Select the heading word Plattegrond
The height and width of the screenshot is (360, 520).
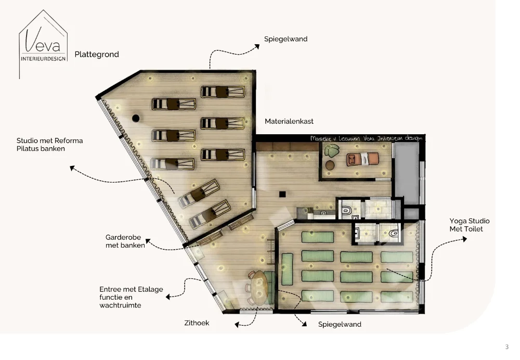(97, 54)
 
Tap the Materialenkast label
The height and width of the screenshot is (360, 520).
(289, 121)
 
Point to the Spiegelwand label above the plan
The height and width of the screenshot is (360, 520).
(285, 39)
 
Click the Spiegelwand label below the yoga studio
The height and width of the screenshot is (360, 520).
(340, 324)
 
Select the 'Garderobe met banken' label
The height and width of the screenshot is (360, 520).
(125, 241)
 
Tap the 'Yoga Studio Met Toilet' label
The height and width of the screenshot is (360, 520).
(470, 225)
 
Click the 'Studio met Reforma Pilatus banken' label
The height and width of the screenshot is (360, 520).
(49, 145)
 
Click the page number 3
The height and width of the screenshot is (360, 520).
(507, 347)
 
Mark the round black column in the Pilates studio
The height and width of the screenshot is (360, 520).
(136, 118)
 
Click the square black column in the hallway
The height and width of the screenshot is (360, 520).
(282, 194)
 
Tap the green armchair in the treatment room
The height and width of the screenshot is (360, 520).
(331, 151)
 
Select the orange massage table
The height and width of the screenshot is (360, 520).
(365, 158)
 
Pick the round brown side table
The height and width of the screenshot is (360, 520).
(330, 165)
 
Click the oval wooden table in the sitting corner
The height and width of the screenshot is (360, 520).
(259, 287)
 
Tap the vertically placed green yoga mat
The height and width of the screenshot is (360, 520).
(287, 269)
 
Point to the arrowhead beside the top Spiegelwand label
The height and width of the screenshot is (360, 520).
(256, 46)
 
